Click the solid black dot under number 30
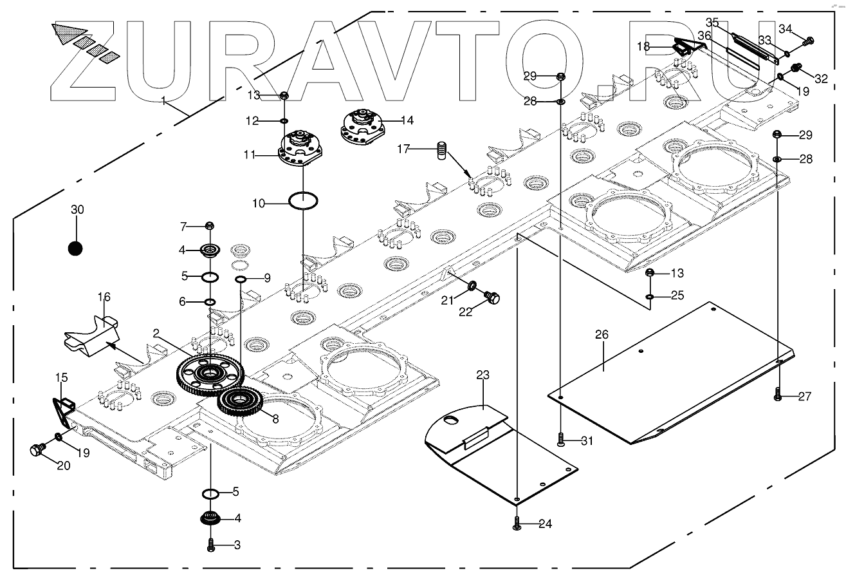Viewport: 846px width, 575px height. point(76,248)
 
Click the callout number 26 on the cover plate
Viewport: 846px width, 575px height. point(602,334)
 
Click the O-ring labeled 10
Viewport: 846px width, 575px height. point(303,200)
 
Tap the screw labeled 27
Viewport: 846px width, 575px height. point(778,395)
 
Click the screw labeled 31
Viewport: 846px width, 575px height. point(561,440)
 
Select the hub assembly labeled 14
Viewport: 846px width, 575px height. point(361,124)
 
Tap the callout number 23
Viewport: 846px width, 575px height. point(483,375)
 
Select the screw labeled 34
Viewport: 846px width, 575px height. point(809,41)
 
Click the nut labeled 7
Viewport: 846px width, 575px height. point(209,225)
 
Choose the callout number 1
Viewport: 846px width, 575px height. point(164,100)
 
